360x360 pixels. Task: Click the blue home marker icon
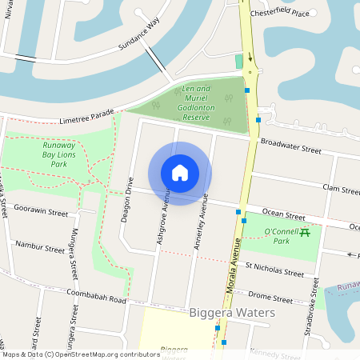[180, 173]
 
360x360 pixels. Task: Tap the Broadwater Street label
[290, 146]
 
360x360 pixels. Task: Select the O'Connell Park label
[270, 235]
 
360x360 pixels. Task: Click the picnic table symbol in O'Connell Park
[304, 233]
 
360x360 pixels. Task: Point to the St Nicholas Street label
[274, 269]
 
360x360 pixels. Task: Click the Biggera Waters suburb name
[232, 312]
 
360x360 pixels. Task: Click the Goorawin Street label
[42, 213]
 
